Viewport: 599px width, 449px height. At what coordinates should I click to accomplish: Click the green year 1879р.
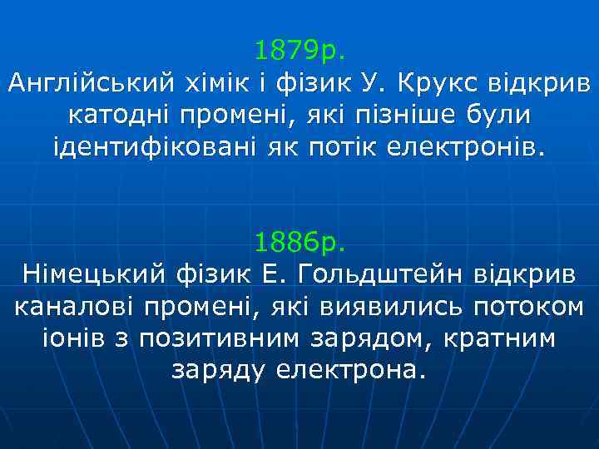click(x=299, y=52)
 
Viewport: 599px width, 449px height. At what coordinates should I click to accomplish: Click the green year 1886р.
click(x=299, y=243)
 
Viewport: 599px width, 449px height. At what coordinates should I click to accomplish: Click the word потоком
click(x=527, y=307)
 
